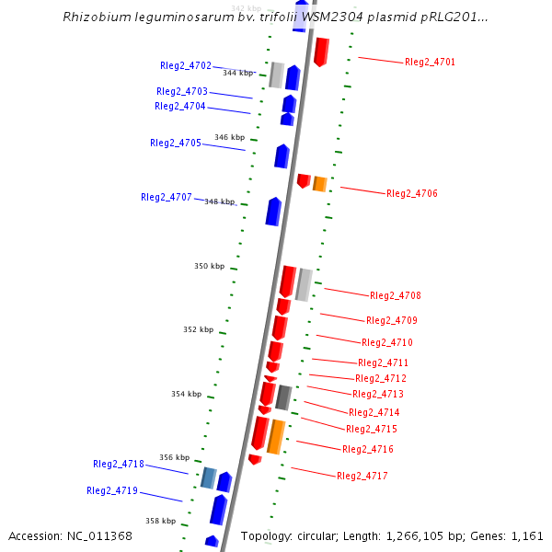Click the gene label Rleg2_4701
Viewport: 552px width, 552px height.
click(x=430, y=62)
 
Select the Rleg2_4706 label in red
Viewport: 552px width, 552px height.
click(x=412, y=193)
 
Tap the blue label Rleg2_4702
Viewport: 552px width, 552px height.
click(x=185, y=65)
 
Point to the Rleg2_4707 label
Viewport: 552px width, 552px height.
click(x=166, y=197)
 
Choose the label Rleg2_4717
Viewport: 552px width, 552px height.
click(x=362, y=476)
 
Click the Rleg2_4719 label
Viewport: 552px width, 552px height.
click(x=112, y=490)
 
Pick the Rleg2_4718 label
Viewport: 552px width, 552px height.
click(x=118, y=464)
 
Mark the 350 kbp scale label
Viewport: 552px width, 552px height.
click(x=209, y=266)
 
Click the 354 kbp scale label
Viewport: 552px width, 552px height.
click(x=186, y=394)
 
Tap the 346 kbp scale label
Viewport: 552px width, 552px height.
click(x=229, y=137)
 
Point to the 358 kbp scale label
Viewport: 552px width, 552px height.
click(x=160, y=521)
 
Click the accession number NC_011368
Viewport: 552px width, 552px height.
click(x=100, y=535)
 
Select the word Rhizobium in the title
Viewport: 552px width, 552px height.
click(x=91, y=17)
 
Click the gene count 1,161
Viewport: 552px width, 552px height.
click(x=525, y=535)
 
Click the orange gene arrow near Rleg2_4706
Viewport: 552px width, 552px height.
click(x=320, y=183)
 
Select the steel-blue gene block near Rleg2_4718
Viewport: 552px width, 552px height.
click(x=209, y=477)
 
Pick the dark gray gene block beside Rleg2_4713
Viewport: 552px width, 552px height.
click(x=284, y=397)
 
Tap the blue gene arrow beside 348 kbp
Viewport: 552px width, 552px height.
click(x=273, y=211)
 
